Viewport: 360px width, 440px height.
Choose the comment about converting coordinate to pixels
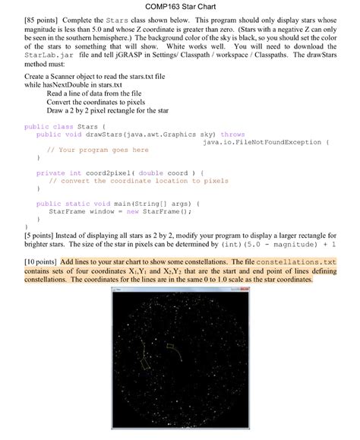tap(139, 181)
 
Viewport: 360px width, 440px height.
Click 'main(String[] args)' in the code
tap(148, 204)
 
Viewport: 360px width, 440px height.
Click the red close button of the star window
tap(243, 290)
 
